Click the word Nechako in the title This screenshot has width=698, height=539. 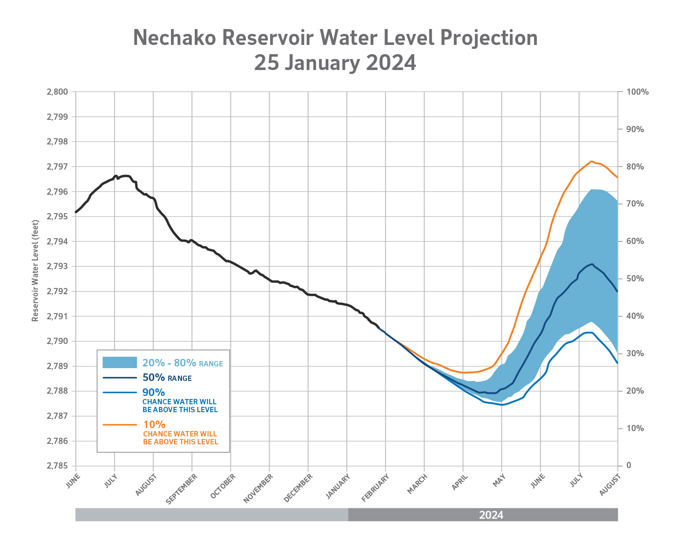[x=174, y=37]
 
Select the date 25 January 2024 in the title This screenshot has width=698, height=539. [x=335, y=63]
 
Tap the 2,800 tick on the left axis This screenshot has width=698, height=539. [x=57, y=92]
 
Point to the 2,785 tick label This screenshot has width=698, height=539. [x=57, y=466]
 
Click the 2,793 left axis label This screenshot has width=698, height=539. [x=57, y=266]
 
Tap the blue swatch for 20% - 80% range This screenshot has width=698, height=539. [x=119, y=362]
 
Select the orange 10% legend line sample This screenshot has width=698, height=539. [x=119, y=425]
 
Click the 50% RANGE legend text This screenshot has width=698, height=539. [x=167, y=378]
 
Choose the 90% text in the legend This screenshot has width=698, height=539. [x=154, y=392]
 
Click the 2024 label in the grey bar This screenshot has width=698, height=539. [x=491, y=515]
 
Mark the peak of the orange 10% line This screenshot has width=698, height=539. [x=591, y=161]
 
